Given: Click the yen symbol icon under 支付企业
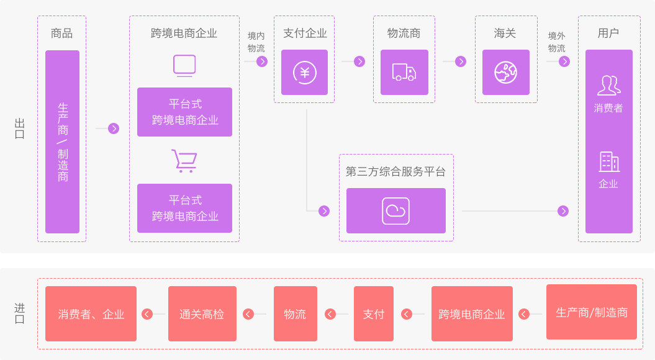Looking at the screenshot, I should [304, 73].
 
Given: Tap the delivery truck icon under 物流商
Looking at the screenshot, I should [404, 73].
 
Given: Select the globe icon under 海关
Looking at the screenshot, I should [505, 73].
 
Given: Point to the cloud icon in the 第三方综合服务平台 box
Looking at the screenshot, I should [395, 211].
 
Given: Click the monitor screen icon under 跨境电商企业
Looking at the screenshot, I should [184, 66].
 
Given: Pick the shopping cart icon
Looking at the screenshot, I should [184, 161].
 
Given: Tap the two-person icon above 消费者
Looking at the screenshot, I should [608, 85].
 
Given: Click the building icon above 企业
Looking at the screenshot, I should [608, 162].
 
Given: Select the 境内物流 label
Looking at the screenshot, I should [256, 42].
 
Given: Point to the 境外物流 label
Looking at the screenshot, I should [556, 42].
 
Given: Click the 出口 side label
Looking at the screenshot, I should [19, 128].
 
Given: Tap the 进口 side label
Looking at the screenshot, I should [19, 313].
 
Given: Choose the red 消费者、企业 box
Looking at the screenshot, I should [91, 314].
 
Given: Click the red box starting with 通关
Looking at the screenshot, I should [202, 314].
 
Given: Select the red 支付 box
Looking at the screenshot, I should [373, 314].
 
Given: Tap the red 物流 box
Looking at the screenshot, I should [295, 314].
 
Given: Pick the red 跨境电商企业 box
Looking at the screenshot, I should [472, 314].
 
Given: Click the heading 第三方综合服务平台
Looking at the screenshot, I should [395, 172].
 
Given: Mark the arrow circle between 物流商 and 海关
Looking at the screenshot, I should [460, 61].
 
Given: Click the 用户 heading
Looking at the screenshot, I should [608, 34].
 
